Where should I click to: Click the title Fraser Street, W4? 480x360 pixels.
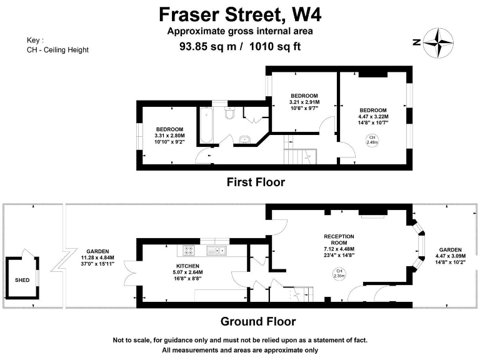point(240,13)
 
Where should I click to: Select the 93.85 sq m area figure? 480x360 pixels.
point(204,46)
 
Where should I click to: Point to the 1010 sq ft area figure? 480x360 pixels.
point(276,46)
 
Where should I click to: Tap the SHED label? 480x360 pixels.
point(21,281)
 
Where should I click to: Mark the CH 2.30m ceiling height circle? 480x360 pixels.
point(339,272)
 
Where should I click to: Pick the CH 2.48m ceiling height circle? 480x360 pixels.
point(372,140)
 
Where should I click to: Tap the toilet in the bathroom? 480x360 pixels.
point(229,114)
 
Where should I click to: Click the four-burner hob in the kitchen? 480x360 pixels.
point(188,251)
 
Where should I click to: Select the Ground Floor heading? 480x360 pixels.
point(257,322)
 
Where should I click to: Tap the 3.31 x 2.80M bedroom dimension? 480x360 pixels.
point(170,136)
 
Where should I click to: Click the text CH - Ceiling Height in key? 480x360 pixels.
point(57,50)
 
